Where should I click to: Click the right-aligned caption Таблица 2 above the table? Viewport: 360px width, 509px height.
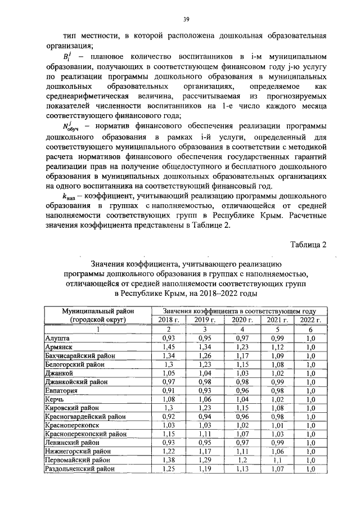(x=308, y=244)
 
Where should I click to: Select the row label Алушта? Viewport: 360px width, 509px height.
(x=57, y=339)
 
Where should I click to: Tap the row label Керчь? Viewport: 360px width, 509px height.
(x=55, y=399)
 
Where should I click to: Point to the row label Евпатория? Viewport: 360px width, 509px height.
(x=62, y=390)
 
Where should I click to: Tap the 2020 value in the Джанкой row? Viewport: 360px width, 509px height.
(x=241, y=373)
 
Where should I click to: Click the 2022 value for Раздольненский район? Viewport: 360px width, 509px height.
(x=310, y=469)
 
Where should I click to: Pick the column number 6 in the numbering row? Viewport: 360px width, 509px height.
(x=310, y=329)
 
